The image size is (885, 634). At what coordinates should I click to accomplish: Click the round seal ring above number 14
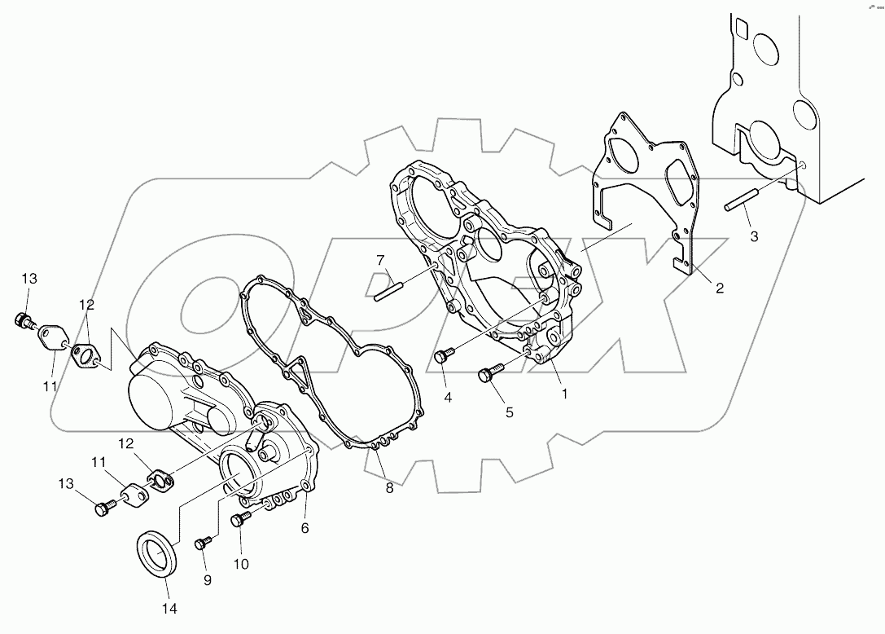(x=156, y=554)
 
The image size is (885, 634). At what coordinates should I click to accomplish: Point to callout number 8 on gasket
(x=389, y=488)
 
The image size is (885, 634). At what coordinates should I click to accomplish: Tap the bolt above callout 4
(x=443, y=355)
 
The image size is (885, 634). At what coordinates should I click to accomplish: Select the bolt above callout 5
(x=486, y=374)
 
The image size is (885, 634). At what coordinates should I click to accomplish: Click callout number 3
(x=754, y=236)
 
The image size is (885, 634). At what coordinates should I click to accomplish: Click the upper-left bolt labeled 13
(x=22, y=319)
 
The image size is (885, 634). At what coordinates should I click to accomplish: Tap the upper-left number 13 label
(x=29, y=279)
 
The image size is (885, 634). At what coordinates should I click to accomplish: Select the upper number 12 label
(x=87, y=305)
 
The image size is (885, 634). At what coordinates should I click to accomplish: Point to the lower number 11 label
(x=99, y=463)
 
